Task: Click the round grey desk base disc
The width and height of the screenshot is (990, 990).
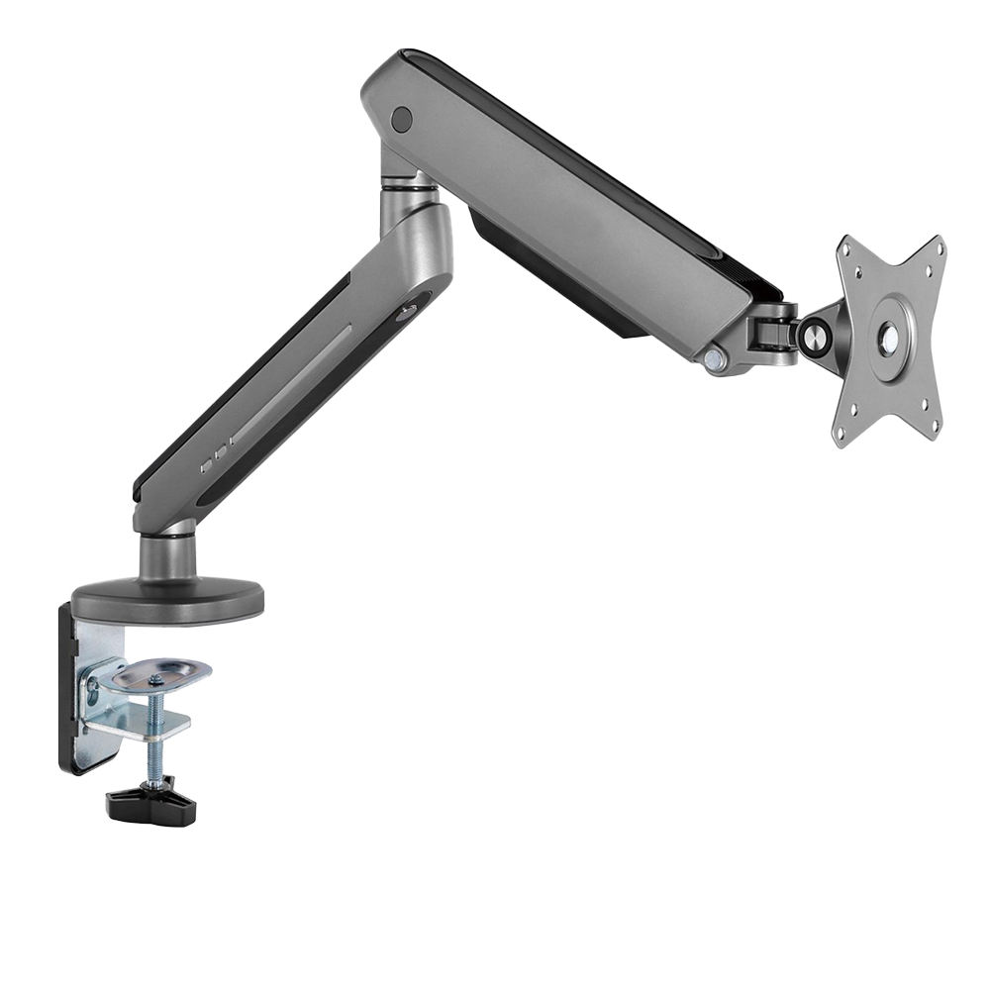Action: [167, 597]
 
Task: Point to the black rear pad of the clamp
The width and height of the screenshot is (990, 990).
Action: [67, 693]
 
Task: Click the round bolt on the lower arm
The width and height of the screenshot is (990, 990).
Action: [407, 314]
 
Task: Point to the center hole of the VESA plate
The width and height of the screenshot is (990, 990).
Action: [889, 339]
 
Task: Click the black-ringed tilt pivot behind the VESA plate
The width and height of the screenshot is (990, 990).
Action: [819, 334]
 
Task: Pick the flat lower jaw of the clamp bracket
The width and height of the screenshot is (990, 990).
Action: [139, 726]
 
